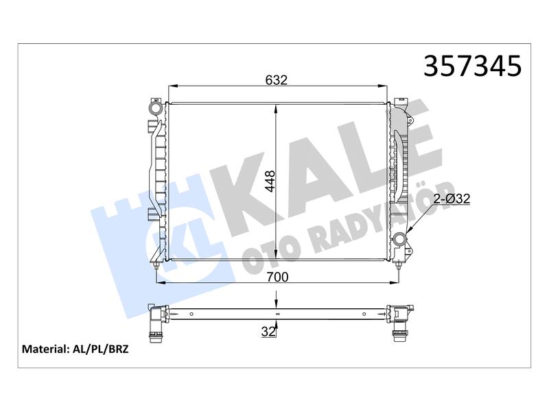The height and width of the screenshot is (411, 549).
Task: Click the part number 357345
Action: point(472,66)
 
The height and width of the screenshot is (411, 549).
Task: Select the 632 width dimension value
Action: point(277,80)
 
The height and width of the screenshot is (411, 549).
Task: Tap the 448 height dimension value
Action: point(270,181)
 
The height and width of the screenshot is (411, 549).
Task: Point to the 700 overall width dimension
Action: point(277,277)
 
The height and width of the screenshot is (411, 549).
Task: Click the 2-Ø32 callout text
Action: point(452,199)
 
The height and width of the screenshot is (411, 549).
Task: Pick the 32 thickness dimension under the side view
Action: point(268,332)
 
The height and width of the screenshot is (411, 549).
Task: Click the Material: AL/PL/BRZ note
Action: point(75,349)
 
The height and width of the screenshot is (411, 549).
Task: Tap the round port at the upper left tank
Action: point(155,106)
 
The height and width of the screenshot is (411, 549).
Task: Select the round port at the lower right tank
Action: point(399,239)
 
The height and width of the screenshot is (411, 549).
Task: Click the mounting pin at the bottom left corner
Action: point(156,266)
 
